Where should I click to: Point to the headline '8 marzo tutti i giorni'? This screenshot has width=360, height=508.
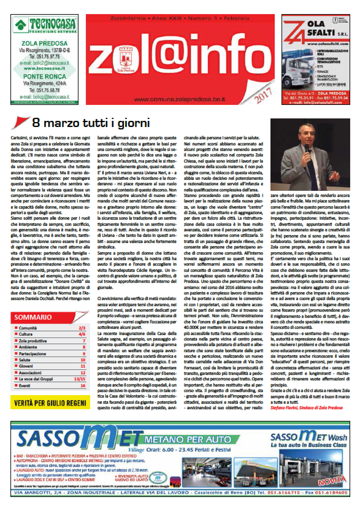(x=91, y=123)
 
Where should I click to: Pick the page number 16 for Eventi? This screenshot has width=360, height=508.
(x=83, y=386)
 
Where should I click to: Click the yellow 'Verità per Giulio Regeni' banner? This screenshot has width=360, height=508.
(x=50, y=402)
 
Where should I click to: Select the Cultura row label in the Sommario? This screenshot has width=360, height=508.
(x=25, y=334)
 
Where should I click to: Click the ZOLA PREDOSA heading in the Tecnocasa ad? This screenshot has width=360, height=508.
(x=45, y=43)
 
